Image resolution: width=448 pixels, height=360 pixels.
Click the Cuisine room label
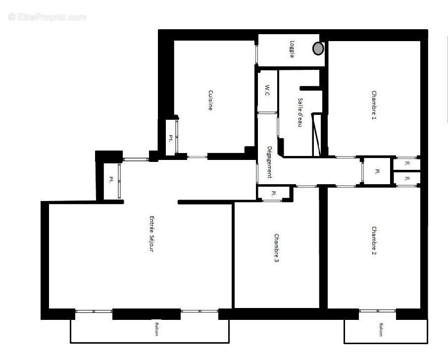(x=210, y=100)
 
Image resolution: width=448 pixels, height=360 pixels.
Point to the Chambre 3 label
(x=276, y=248)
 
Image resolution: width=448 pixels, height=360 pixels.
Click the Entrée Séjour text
(x=151, y=234)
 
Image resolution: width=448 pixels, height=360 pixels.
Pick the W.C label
(x=267, y=90)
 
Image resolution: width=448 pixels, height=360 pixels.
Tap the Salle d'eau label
(x=300, y=112)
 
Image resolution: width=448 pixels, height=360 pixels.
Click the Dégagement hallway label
(x=270, y=162)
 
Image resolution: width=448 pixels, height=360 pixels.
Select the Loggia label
(x=293, y=49)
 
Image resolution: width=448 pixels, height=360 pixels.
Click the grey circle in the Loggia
(x=318, y=49)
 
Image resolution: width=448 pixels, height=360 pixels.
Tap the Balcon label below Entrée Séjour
(x=156, y=331)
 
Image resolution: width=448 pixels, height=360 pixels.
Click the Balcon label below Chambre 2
(x=381, y=330)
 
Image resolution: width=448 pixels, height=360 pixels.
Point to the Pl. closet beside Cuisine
(x=171, y=138)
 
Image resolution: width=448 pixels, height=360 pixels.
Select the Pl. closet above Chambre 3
(x=274, y=193)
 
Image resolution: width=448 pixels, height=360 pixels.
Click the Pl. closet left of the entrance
(x=111, y=180)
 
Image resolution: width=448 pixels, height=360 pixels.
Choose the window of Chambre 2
(x=378, y=311)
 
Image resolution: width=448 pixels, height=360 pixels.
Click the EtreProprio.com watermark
(x=47, y=17)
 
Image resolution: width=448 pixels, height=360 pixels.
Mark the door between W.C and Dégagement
(x=267, y=113)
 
